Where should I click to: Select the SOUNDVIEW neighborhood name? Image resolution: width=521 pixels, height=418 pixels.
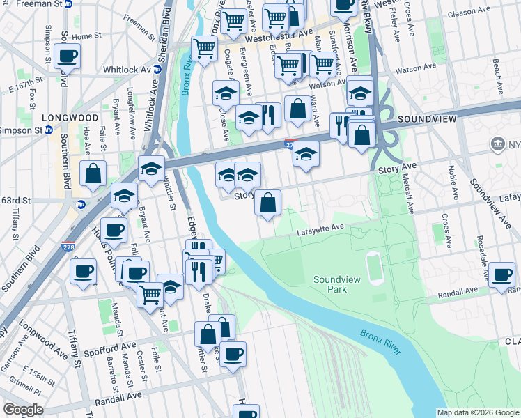pyautogui.click(x=426, y=120)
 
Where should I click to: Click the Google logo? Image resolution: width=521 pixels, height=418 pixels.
pyautogui.click(x=23, y=410)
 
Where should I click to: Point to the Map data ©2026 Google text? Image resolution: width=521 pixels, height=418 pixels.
pyautogui.click(x=478, y=412)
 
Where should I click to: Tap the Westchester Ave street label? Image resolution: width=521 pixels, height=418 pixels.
pyautogui.click(x=286, y=34)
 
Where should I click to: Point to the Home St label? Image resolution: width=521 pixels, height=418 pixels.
pyautogui.click(x=86, y=36)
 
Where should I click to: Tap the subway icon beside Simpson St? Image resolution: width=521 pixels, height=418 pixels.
pyautogui.click(x=48, y=130)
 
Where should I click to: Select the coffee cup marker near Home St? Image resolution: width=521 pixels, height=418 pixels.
pyautogui.click(x=67, y=56)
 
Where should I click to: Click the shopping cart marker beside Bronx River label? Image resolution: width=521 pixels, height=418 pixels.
pyautogui.click(x=203, y=49)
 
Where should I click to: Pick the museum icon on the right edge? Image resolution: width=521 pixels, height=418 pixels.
pyautogui.click(x=498, y=144)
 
